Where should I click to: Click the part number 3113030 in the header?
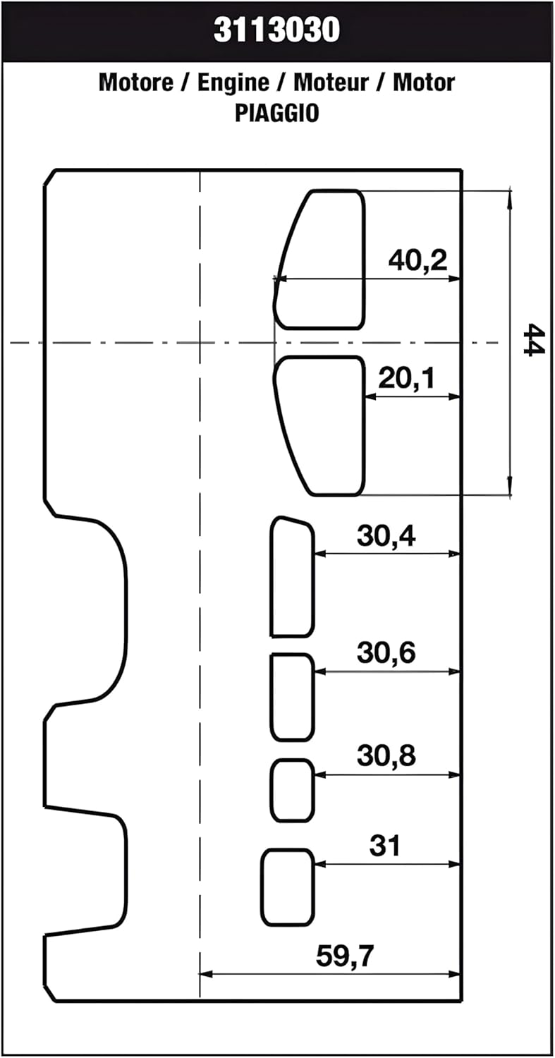click(x=276, y=30)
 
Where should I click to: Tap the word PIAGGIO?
click(x=276, y=113)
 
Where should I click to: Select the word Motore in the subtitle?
click(x=136, y=83)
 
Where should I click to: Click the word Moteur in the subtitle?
click(x=331, y=83)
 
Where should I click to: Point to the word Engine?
click(x=233, y=83)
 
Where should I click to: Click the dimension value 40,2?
click(x=417, y=260)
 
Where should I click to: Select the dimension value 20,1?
click(x=406, y=378)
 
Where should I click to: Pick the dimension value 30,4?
click(x=386, y=536)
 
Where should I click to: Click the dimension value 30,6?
click(x=386, y=653)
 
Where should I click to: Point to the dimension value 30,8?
click(x=386, y=755)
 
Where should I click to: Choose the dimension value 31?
click(x=384, y=845)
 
